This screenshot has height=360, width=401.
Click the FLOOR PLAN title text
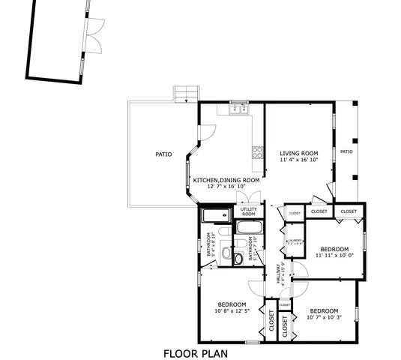(195, 352)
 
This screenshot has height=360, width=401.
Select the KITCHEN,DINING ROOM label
(226, 180)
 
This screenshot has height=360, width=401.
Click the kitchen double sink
(238, 109)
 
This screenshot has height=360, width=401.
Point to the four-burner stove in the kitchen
(258, 151)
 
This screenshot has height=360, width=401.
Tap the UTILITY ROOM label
(249, 211)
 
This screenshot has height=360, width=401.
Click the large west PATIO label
(163, 154)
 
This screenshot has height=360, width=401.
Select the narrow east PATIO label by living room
(346, 151)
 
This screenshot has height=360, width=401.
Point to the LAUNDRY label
(295, 240)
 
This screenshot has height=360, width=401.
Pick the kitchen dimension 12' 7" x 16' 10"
(226, 187)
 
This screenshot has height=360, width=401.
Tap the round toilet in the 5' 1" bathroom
(238, 259)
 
